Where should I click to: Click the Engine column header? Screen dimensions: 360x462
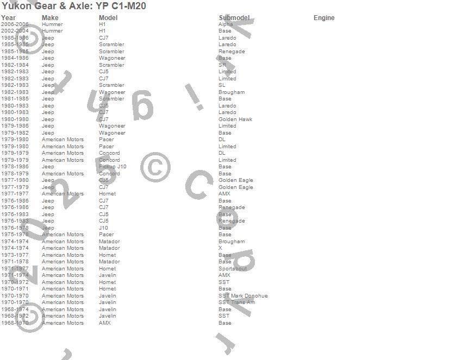(x=324, y=18)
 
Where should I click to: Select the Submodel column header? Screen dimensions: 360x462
(x=234, y=18)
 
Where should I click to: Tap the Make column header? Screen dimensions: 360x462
(x=50, y=18)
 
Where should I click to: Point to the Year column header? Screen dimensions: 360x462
(x=8, y=18)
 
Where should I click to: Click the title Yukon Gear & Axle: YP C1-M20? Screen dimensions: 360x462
(x=74, y=6)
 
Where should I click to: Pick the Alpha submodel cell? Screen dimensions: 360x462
(x=226, y=24)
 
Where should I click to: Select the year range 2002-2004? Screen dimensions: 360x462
(x=15, y=31)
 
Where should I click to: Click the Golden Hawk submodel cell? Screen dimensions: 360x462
(x=235, y=119)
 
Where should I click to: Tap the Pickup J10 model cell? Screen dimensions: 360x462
(x=113, y=167)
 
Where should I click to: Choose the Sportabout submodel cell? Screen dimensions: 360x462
(x=233, y=269)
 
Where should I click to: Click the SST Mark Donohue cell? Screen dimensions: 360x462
(x=243, y=296)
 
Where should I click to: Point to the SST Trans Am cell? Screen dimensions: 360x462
(x=236, y=302)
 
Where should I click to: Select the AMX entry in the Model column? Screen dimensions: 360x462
(x=105, y=323)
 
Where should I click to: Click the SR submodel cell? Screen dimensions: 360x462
(x=222, y=65)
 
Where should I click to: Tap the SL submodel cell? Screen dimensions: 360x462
(x=222, y=85)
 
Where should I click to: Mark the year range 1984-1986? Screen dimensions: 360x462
(x=15, y=58)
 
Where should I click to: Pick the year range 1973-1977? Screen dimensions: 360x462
(x=15, y=255)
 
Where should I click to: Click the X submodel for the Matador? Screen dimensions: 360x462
(x=220, y=248)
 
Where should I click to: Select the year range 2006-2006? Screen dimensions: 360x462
(x=15, y=24)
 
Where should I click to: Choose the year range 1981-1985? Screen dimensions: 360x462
(x=15, y=99)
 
